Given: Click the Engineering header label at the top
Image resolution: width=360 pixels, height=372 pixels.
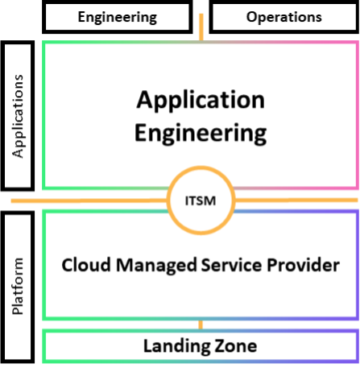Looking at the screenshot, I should click(123, 17).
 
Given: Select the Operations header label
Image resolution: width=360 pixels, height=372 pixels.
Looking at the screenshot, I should click(283, 17).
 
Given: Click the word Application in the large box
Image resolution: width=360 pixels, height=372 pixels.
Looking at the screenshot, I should click(201, 100).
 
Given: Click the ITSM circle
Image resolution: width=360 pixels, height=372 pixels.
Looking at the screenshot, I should click(201, 199).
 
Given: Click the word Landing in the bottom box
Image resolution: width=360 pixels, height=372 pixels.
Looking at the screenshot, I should click(177, 346).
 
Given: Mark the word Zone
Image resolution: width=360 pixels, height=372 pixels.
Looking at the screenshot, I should click(239, 346).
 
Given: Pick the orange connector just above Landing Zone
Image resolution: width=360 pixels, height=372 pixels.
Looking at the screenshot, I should click(201, 324).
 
